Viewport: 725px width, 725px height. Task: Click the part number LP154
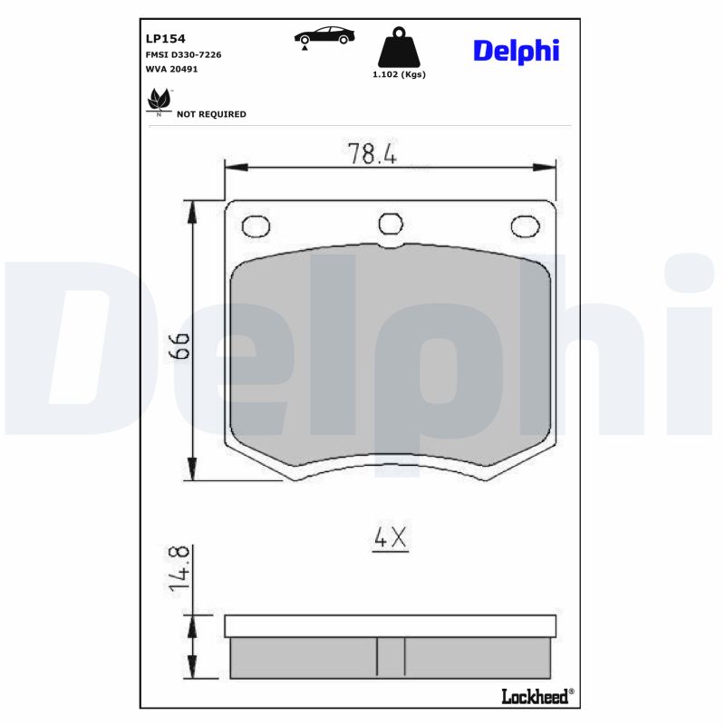pos(165,39)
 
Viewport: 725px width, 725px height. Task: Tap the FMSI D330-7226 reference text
pos(183,54)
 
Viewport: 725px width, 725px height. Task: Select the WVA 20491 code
pos(171,69)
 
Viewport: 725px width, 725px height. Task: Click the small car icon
pos(324,36)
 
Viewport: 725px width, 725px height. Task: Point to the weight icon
pos(398,46)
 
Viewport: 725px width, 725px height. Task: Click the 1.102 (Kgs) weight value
pos(399,74)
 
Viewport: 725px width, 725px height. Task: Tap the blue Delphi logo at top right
pos(516,51)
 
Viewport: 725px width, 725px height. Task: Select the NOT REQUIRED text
pos(211,115)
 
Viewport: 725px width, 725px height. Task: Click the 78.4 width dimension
pos(373,154)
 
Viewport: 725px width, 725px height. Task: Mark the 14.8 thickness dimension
pos(179,568)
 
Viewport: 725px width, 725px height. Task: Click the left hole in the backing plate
pos(256,225)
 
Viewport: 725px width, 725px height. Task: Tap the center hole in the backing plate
pos(390,223)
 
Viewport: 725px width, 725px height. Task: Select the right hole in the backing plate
pos(523,226)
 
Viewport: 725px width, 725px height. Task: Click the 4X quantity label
pos(391,538)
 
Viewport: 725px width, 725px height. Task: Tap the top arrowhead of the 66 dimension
pos(191,210)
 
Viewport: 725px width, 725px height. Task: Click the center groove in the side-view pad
pos(391,657)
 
